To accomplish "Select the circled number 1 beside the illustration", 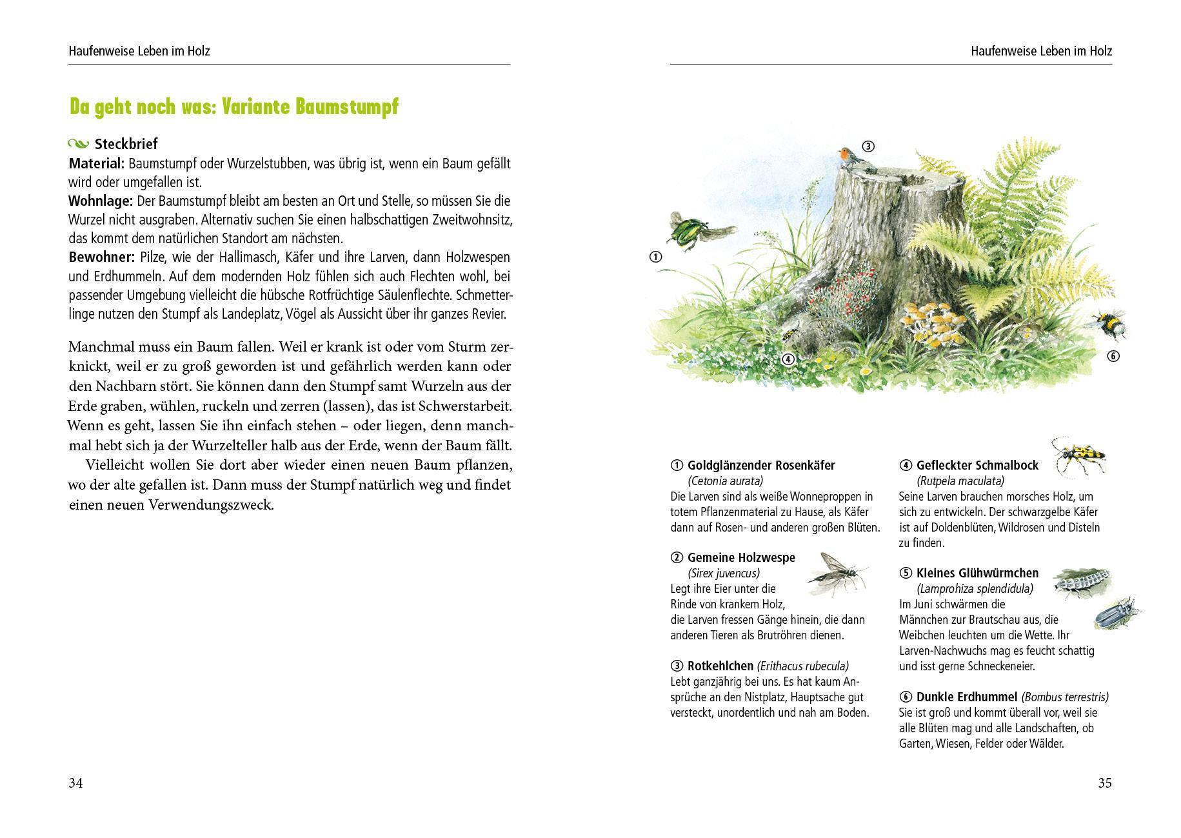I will tap(655, 257).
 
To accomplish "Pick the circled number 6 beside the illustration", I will tap(1113, 356).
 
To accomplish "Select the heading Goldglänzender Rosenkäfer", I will tap(761, 465).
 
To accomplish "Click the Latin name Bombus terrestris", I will tap(1065, 697).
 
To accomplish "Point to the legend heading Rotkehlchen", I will tap(720, 666).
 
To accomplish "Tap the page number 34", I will tap(75, 783).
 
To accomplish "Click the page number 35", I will tap(1105, 783).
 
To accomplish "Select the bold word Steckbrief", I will tap(126, 144).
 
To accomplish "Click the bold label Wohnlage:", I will tap(101, 201).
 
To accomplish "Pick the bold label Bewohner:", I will tap(101, 257).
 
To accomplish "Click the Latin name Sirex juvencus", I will tap(724, 573).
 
